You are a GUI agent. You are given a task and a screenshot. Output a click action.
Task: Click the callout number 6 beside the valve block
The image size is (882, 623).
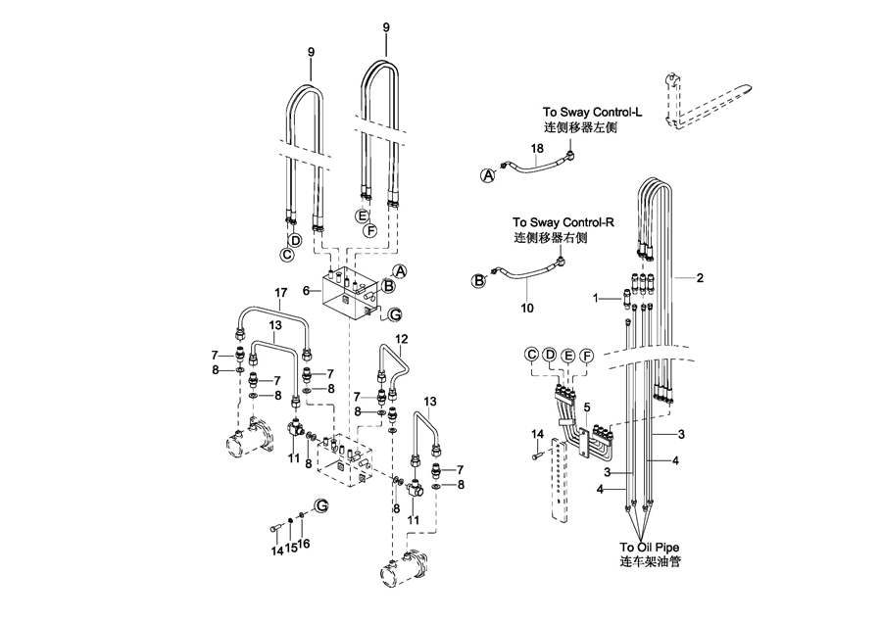point(305,291)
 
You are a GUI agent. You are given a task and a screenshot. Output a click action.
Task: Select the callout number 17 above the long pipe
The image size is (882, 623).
point(281,292)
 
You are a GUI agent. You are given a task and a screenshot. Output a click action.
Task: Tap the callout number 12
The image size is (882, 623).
point(401,339)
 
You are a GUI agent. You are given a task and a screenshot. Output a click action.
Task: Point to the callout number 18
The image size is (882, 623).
point(536,149)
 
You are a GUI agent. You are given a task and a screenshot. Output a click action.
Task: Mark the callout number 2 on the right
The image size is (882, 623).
point(700,277)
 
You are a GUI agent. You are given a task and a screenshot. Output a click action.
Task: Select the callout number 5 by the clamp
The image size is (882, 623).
point(586,407)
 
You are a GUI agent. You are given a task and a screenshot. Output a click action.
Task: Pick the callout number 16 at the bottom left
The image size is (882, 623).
point(304,544)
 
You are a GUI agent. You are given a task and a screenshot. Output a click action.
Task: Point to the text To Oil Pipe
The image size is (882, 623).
point(650,548)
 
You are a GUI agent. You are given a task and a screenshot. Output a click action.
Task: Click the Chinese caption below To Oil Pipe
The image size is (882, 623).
point(650,563)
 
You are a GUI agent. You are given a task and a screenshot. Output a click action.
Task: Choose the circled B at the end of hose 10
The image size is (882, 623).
point(480,279)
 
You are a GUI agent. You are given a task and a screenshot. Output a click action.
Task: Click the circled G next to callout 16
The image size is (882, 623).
point(320,504)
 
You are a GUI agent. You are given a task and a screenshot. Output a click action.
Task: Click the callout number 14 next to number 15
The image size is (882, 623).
point(275,550)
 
